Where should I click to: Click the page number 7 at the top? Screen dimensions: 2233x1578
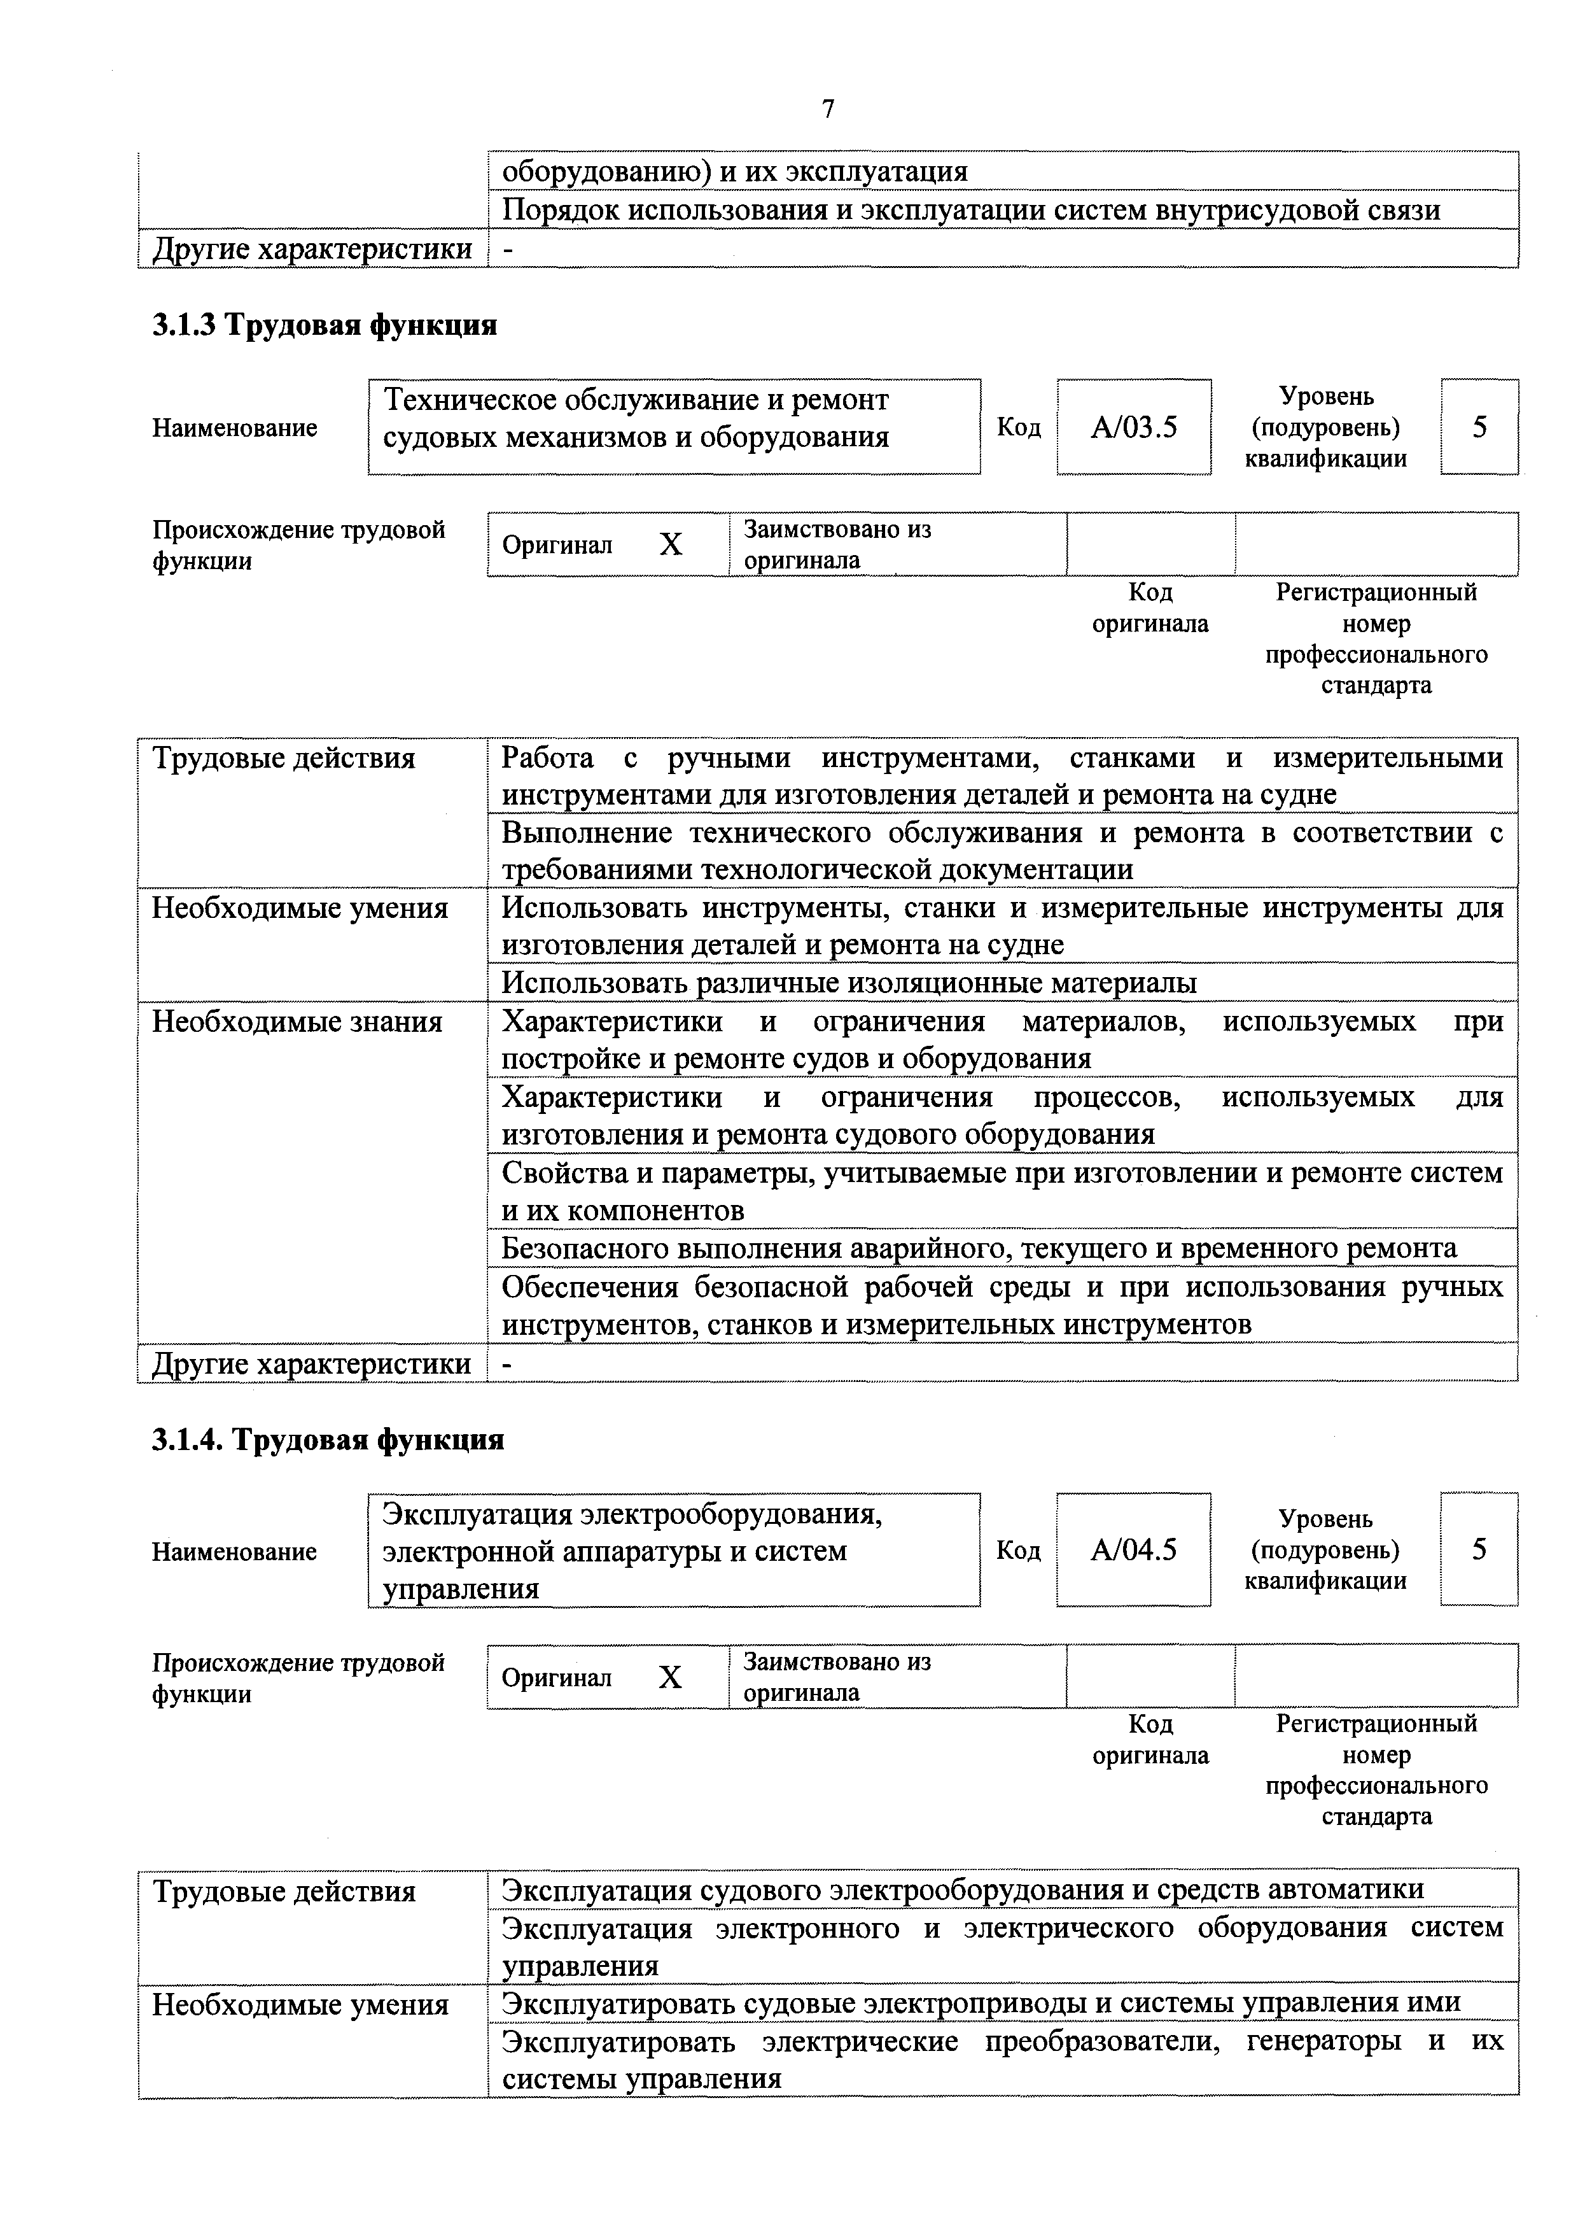[827, 109]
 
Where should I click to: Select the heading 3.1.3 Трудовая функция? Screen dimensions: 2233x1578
[324, 325]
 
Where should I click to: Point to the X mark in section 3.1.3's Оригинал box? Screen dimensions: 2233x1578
[670, 545]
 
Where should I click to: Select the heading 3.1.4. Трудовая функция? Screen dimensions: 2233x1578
[328, 1439]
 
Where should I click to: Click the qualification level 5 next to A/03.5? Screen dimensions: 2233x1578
[1479, 427]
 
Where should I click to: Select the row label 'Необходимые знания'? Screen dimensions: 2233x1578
[298, 1022]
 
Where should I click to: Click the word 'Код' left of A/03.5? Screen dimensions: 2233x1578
[1018, 428]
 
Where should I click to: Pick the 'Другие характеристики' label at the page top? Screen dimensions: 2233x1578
[312, 249]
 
